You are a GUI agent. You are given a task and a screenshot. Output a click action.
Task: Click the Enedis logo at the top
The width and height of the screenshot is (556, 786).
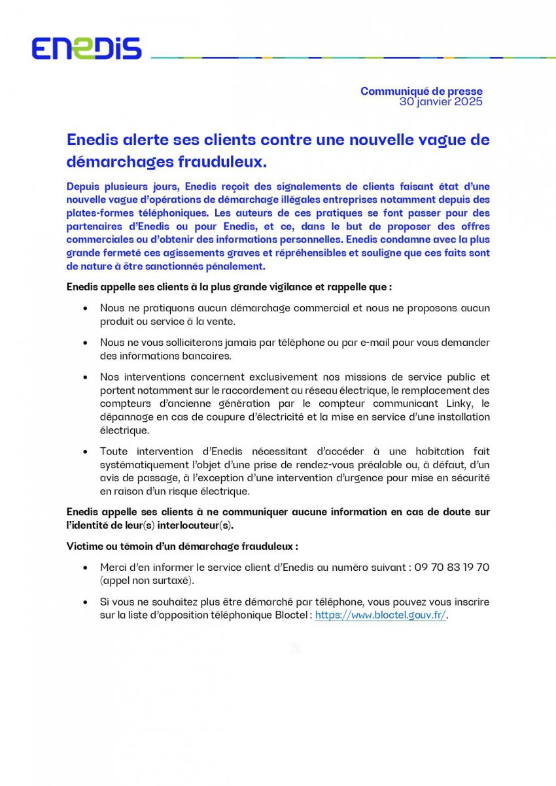click(86, 48)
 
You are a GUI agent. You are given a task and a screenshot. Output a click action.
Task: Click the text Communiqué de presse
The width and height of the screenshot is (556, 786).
click(421, 92)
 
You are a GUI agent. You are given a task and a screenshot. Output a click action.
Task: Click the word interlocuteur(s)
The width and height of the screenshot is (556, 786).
click(200, 525)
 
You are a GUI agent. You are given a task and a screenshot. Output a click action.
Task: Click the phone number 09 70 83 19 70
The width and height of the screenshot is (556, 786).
click(452, 568)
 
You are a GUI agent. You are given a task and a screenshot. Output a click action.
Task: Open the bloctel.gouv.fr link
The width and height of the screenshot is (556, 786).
click(380, 615)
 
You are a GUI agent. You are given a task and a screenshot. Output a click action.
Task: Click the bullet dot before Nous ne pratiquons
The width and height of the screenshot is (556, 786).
click(85, 307)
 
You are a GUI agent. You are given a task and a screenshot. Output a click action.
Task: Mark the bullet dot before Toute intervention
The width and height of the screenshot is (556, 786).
click(85, 451)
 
